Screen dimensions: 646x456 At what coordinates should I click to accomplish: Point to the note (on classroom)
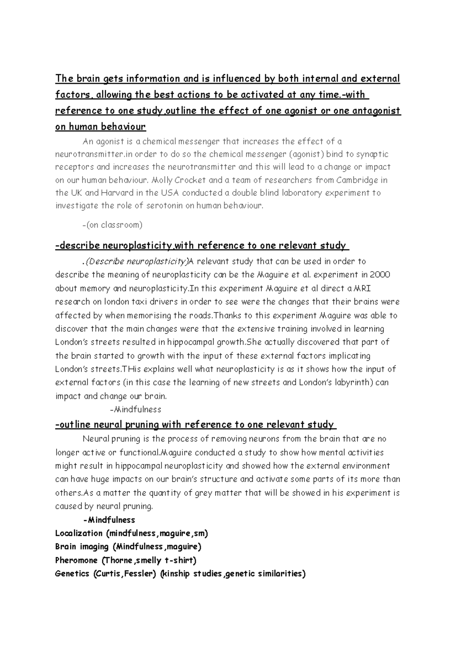(112, 225)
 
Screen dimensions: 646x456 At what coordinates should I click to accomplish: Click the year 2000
(380, 275)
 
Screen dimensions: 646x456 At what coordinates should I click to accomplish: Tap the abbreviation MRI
(365, 288)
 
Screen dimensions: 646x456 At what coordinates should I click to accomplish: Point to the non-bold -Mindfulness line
(135, 410)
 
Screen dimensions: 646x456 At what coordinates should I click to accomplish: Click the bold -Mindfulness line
(109, 520)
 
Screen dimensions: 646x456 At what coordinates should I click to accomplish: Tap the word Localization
(79, 533)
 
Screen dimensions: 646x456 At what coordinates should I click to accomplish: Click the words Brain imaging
(82, 547)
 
